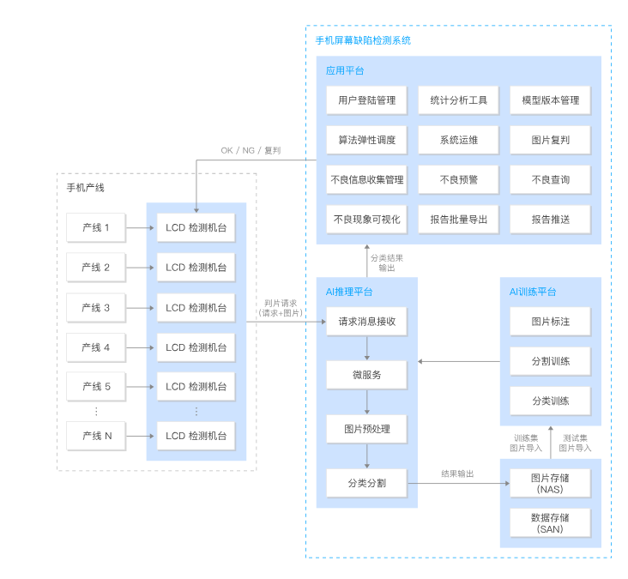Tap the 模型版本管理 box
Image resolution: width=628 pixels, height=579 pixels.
550,100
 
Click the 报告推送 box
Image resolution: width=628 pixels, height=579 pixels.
550,220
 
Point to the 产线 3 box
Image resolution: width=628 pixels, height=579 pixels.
95,308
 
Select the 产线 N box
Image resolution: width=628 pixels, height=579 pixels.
95,436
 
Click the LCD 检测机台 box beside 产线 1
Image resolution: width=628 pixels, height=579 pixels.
196,228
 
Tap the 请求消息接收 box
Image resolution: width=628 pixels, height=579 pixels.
366,322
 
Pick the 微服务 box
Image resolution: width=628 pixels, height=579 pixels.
366,375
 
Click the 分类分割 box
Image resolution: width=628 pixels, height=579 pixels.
366,483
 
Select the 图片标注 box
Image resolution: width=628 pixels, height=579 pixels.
550,322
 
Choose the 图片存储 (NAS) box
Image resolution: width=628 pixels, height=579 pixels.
550,483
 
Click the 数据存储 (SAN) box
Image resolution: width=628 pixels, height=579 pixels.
550,523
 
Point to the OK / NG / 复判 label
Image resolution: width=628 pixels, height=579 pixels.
251,151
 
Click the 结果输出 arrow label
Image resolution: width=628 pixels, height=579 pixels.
457,473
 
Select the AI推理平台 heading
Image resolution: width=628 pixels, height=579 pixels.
349,292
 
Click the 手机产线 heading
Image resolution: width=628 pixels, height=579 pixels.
85,187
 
